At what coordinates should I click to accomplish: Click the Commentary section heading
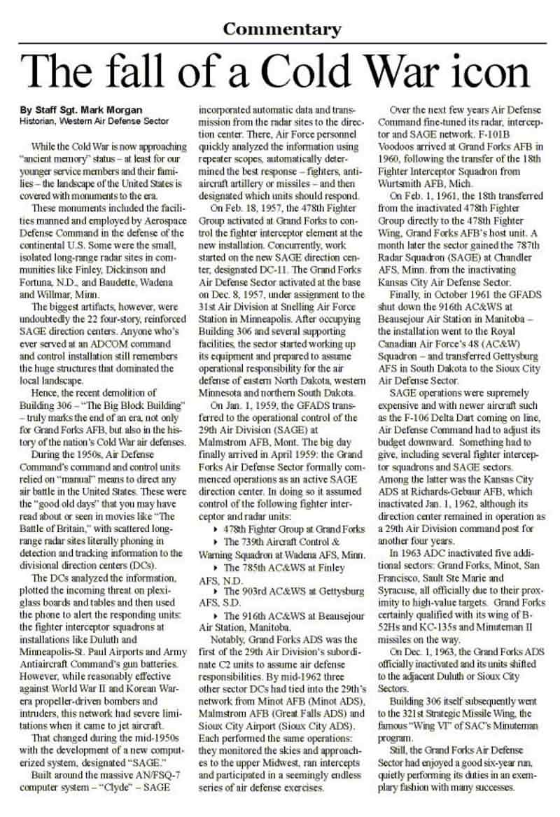[281, 29]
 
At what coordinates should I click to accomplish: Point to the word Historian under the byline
[41, 121]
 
